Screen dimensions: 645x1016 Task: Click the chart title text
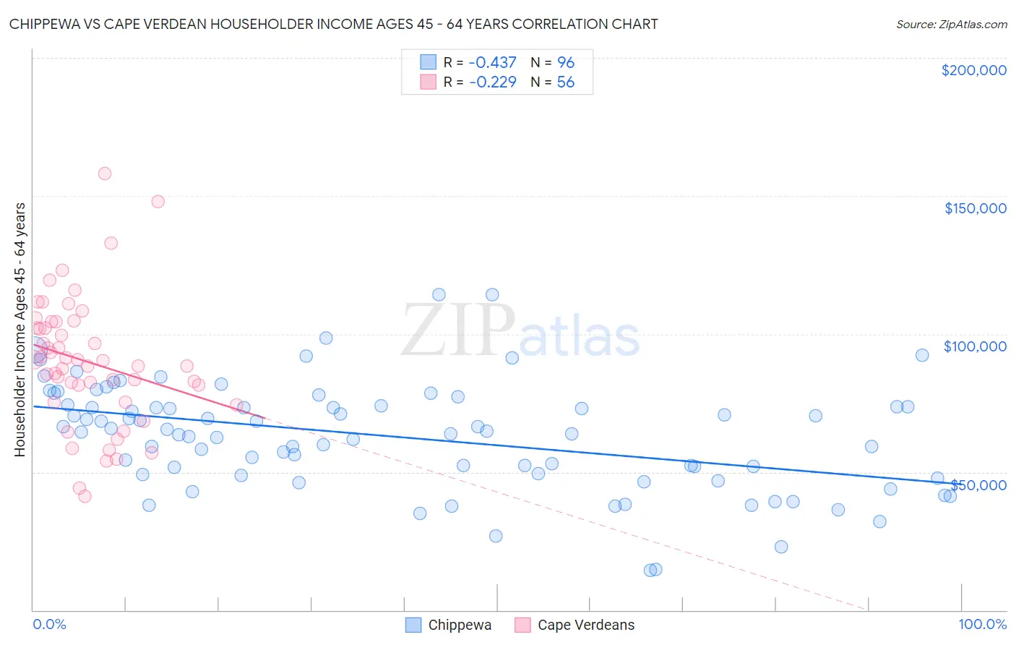coord(333,24)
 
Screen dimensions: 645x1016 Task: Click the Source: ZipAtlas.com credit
coord(951,24)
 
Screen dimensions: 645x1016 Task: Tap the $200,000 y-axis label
coord(973,70)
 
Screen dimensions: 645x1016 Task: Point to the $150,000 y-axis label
coord(975,208)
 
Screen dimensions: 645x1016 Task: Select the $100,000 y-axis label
coord(975,346)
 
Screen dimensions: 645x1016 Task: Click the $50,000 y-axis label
coord(978,484)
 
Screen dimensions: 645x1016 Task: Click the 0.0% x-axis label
coord(49,624)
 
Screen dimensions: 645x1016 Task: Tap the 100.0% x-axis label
coord(982,624)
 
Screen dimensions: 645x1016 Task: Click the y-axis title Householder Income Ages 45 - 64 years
coord(20,330)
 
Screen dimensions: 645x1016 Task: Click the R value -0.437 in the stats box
coord(493,62)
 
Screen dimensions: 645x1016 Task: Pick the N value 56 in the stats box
coord(565,82)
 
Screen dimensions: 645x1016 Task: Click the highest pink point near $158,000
coord(105,174)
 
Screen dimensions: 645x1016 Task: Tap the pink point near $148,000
coord(158,202)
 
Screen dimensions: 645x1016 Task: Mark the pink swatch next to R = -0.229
coord(429,82)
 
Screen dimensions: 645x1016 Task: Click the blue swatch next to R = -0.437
coord(429,62)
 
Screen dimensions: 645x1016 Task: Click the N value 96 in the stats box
coord(565,62)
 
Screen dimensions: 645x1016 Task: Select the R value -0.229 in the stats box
coord(493,82)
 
